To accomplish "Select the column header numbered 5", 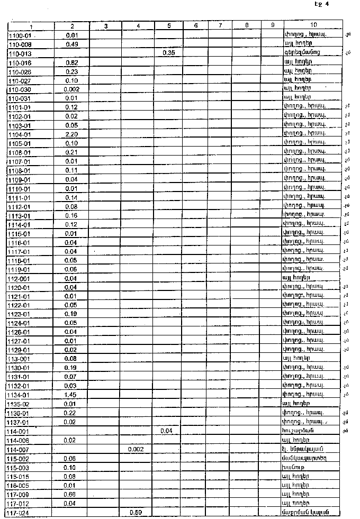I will click(x=169, y=25).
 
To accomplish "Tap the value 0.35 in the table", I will click(x=169, y=53).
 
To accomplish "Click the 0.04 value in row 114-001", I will click(x=169, y=431).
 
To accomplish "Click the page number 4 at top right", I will click(x=327, y=4).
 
